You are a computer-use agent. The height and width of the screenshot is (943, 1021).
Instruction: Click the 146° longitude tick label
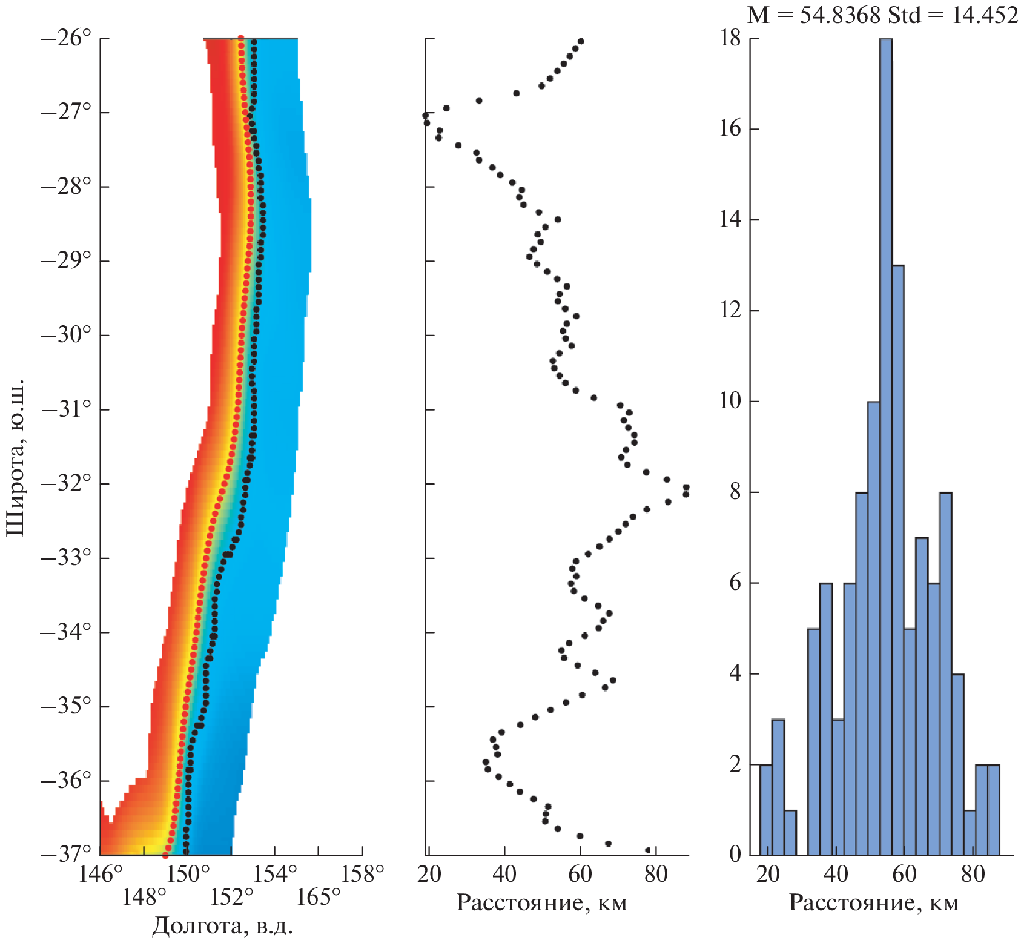101,875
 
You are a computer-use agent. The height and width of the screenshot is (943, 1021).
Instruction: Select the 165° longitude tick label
319,896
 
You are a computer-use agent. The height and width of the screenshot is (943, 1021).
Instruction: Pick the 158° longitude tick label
362,875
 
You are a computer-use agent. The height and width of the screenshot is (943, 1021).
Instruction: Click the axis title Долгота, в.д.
222,925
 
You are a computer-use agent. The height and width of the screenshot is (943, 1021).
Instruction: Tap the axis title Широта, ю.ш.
16,457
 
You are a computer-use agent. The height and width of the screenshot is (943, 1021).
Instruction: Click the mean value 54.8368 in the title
840,15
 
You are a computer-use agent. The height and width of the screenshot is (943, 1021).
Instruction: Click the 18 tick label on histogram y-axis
730,39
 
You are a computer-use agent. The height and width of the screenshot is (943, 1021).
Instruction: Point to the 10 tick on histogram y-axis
730,401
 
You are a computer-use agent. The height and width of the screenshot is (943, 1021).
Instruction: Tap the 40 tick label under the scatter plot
504,875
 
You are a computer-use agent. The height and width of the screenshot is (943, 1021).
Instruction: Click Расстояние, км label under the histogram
874,903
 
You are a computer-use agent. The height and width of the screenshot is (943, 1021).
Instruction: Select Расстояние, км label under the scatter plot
541,903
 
